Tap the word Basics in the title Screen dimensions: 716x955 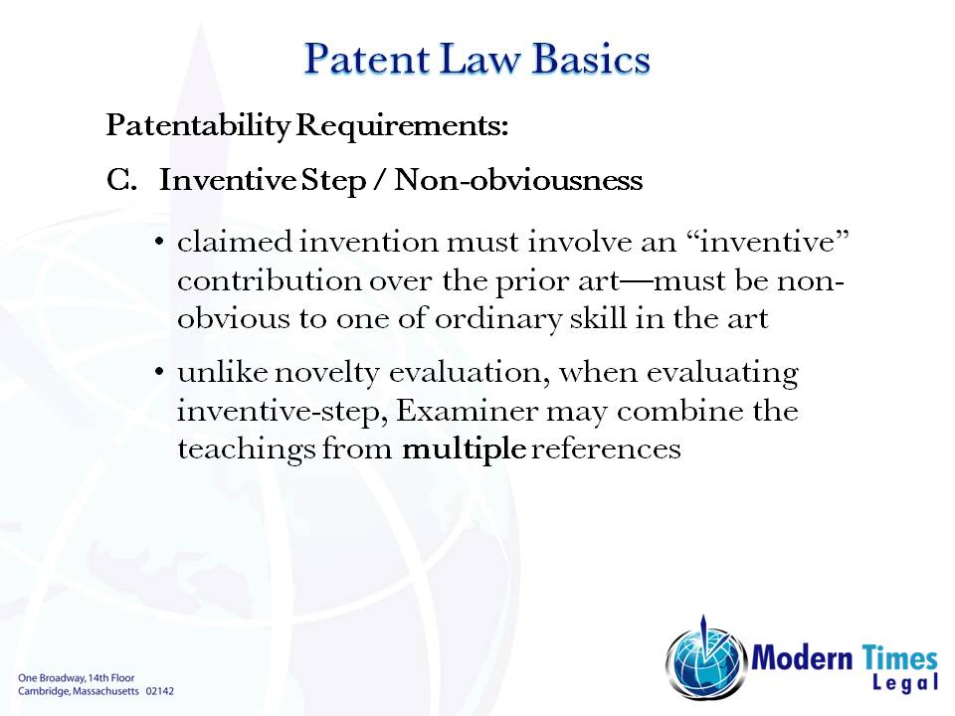[591, 59]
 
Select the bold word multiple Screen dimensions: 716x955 [464, 448]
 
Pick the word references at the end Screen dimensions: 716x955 [606, 448]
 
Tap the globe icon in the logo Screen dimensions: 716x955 [704, 657]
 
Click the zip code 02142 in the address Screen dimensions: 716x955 [160, 689]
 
